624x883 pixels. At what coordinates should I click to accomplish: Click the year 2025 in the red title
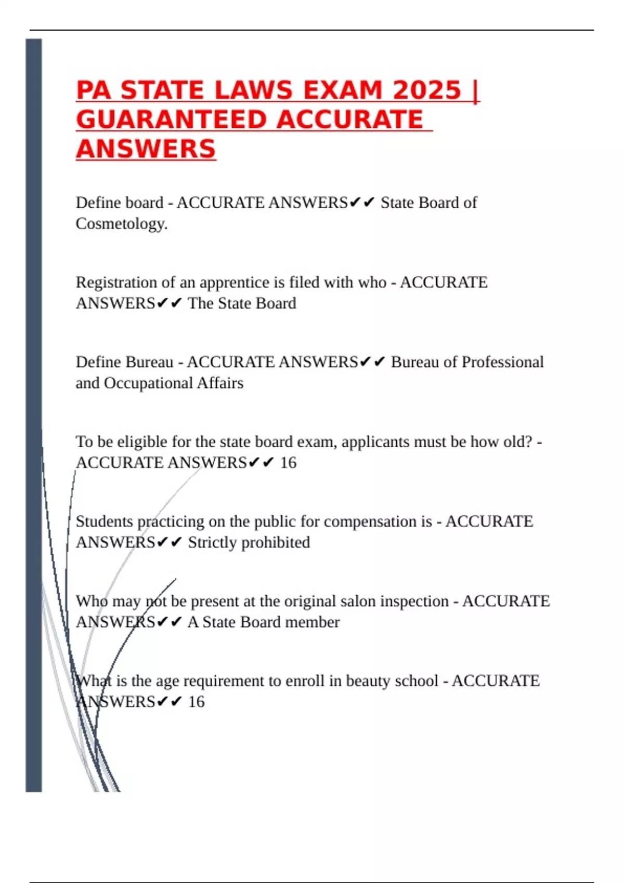point(427,90)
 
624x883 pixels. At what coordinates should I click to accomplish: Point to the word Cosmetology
point(121,224)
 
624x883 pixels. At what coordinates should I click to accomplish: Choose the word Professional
point(502,362)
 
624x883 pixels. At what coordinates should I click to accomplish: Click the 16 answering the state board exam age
point(288,463)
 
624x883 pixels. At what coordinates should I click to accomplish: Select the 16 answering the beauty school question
point(196,702)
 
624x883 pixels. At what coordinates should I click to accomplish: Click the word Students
point(104,521)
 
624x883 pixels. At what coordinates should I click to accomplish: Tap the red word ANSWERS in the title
point(146,150)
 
